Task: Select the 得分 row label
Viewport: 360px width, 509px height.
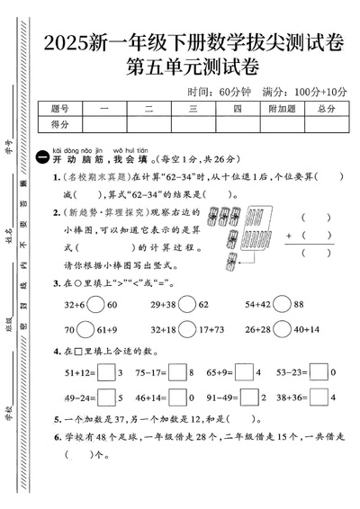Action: tap(60, 124)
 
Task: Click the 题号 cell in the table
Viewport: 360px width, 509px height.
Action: tap(60, 108)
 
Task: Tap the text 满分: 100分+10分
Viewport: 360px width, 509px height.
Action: tap(292, 91)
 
